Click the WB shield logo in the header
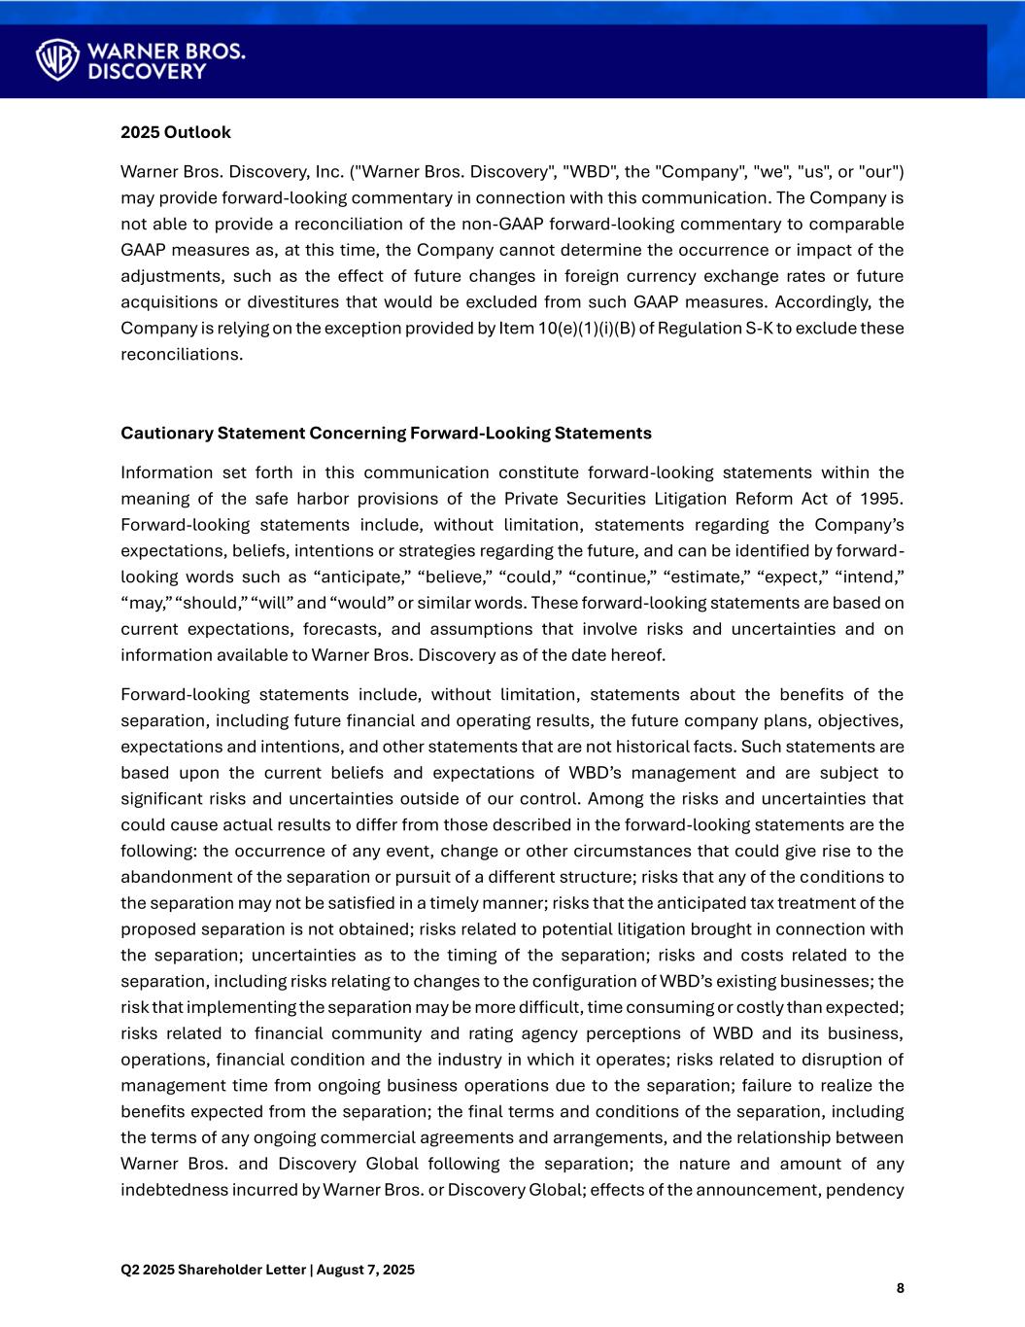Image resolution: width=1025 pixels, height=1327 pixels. pyautogui.click(x=57, y=59)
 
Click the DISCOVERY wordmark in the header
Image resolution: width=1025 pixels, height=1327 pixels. pyautogui.click(x=147, y=72)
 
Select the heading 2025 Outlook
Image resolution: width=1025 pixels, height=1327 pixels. pyautogui.click(x=176, y=132)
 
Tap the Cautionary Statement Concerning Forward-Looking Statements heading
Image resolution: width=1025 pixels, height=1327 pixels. pyautogui.click(x=386, y=433)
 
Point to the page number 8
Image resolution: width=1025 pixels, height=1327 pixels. pyautogui.click(x=900, y=1288)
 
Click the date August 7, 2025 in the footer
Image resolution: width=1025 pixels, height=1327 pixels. pyautogui.click(x=366, y=1270)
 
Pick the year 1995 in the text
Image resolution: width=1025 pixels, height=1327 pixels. pyautogui.click(x=883, y=499)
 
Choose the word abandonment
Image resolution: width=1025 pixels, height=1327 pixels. pyautogui.click(x=175, y=877)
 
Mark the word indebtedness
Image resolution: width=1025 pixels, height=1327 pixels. pyautogui.click(x=173, y=1190)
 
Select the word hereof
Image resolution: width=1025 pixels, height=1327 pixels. pyautogui.click(x=639, y=655)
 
